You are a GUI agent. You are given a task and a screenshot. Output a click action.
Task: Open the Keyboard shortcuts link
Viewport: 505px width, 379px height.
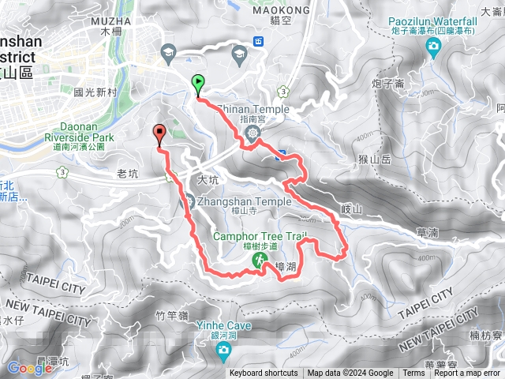264,373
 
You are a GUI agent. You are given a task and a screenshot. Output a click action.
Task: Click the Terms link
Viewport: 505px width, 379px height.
413,373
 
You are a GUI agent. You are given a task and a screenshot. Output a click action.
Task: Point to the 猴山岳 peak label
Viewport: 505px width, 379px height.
375,159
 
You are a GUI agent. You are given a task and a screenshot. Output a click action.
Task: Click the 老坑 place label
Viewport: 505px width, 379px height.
126,173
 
